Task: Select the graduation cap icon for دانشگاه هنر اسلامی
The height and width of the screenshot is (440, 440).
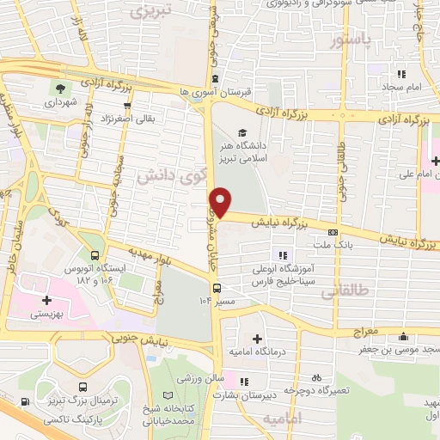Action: tap(242, 133)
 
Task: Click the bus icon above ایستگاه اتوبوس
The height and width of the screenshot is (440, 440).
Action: tap(94, 254)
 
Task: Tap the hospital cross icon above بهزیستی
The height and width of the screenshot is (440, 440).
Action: tap(46, 301)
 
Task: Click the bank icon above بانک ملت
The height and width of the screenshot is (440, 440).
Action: tap(333, 231)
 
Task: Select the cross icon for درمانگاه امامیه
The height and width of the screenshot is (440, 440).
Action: tap(258, 339)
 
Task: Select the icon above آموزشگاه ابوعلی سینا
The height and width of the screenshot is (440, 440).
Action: tap(281, 254)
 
